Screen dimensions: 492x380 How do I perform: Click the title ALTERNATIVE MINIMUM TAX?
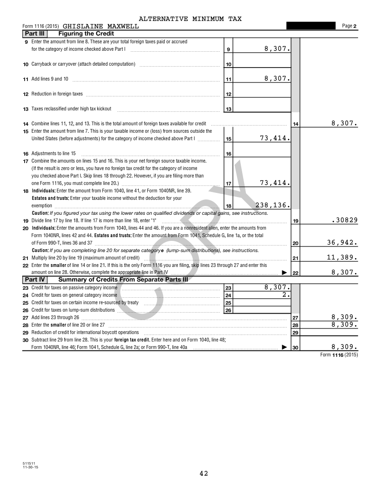pos(190,19)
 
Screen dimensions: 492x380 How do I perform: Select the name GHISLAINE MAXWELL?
pos(101,26)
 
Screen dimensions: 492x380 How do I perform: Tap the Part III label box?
pos(34,34)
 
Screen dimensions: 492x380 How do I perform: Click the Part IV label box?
pos(34,280)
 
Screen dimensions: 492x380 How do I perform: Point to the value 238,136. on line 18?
pos(273,205)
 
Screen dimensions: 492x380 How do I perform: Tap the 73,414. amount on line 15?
pos(275,138)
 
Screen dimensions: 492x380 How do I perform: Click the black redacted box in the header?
pos(311,26)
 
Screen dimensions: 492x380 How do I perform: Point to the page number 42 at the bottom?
pos(204,473)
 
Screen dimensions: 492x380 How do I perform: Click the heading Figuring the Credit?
pos(86,34)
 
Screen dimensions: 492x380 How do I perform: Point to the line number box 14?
pos(295,124)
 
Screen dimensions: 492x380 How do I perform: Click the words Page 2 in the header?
pos(349,26)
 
